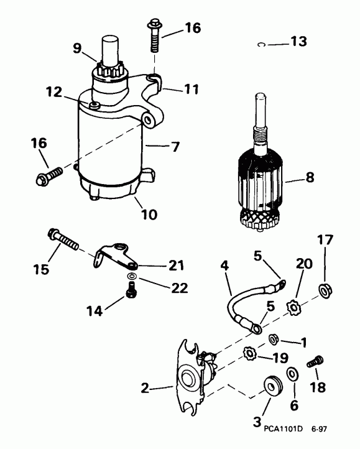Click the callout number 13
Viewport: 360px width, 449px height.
coord(298,42)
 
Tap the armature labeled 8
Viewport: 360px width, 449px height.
coord(261,180)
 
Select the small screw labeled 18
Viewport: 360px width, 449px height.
coord(314,362)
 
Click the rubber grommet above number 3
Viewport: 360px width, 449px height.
coord(272,384)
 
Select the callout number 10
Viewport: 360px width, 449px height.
coord(149,215)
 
